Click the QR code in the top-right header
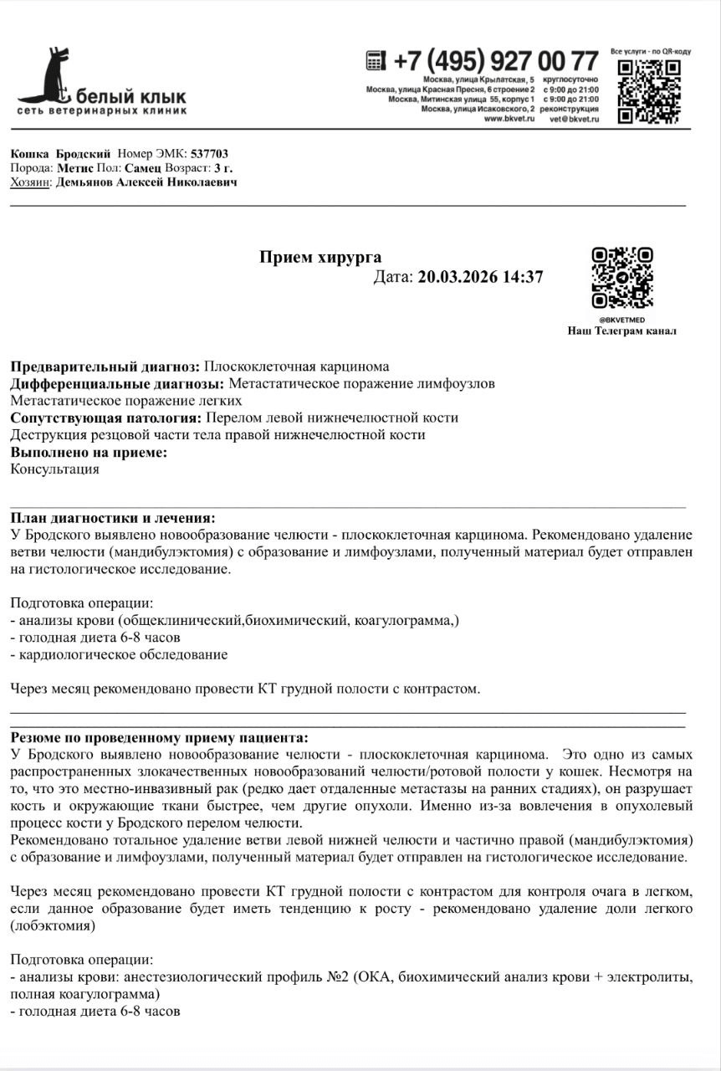click(649, 90)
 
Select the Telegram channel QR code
click(622, 278)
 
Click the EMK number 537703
click(209, 154)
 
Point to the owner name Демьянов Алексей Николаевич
click(147, 182)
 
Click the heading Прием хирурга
click(320, 257)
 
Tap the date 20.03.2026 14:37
click(480, 277)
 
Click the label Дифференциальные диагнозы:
click(117, 384)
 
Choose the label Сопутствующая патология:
click(106, 418)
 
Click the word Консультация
click(54, 469)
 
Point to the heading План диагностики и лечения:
click(112, 518)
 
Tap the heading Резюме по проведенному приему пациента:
click(159, 737)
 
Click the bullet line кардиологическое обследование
click(123, 655)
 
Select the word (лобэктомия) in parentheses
click(53, 926)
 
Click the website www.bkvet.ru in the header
click(504, 119)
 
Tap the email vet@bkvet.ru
click(574, 119)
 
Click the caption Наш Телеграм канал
click(622, 331)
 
